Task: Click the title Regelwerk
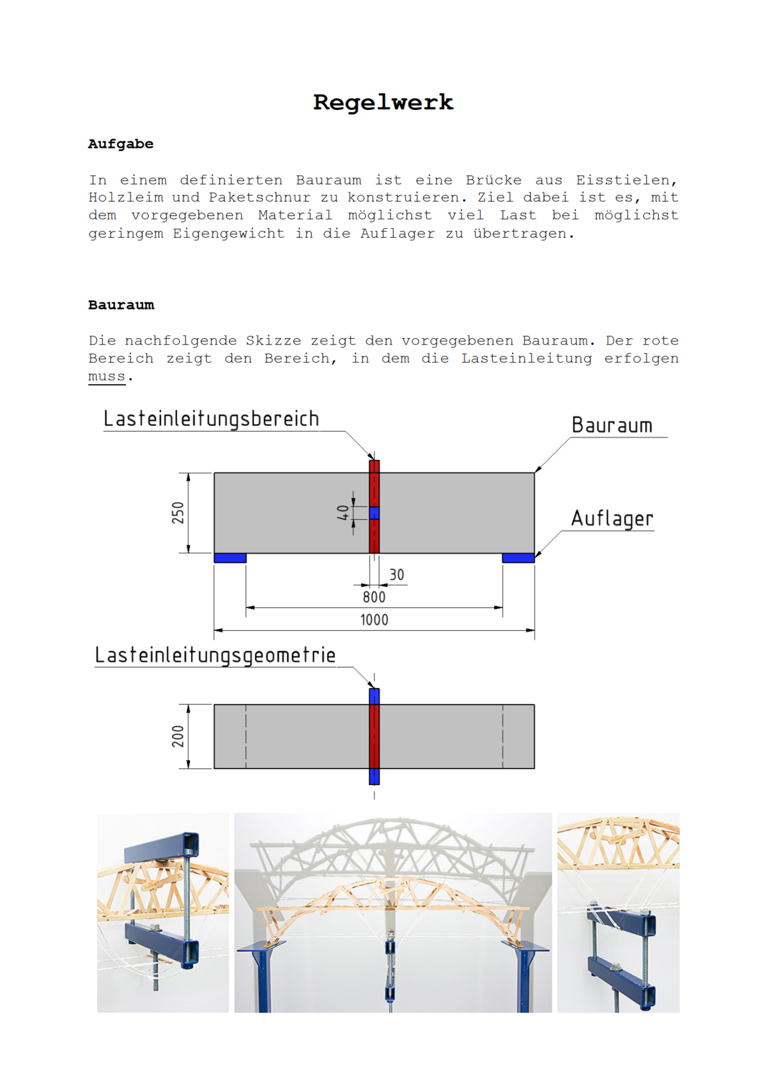click(x=383, y=102)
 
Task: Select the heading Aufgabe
click(x=121, y=144)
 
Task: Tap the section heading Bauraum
click(x=121, y=305)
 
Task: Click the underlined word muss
click(x=107, y=376)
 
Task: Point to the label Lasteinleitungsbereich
click(x=211, y=419)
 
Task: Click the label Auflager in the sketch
click(x=612, y=518)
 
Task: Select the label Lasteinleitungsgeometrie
click(x=215, y=655)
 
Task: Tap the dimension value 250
click(x=178, y=513)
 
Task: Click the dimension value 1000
click(x=374, y=619)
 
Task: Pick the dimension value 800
click(x=374, y=597)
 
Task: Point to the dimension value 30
click(x=397, y=575)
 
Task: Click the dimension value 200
click(x=178, y=736)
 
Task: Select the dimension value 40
click(x=343, y=513)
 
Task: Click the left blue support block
click(x=230, y=558)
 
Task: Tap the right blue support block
click(x=518, y=558)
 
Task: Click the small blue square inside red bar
click(x=375, y=513)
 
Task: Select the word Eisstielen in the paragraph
click(x=626, y=180)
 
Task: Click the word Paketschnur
click(x=260, y=198)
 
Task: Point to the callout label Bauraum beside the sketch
click(x=612, y=426)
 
